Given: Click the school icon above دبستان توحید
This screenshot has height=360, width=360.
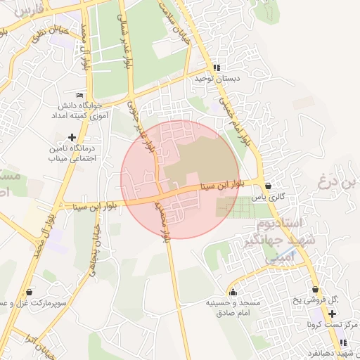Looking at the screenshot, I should click(x=217, y=68).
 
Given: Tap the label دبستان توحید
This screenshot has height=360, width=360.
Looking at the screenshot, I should click(x=217, y=79).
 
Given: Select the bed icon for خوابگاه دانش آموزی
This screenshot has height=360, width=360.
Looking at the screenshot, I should click(x=79, y=95).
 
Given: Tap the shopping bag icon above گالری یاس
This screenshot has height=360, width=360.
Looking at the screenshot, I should click(x=270, y=186).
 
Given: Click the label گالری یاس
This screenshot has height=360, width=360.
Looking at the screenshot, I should click(x=271, y=198).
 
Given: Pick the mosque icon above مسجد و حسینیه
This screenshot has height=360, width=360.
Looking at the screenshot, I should click(x=233, y=292).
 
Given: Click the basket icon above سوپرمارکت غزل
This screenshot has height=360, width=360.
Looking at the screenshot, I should click(x=29, y=291).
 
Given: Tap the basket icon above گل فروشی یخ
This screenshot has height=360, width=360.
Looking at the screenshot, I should click(x=314, y=289).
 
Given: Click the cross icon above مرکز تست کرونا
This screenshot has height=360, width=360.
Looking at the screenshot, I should click(x=332, y=312).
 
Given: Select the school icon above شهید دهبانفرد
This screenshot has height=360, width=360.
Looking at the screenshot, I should click(x=343, y=342).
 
